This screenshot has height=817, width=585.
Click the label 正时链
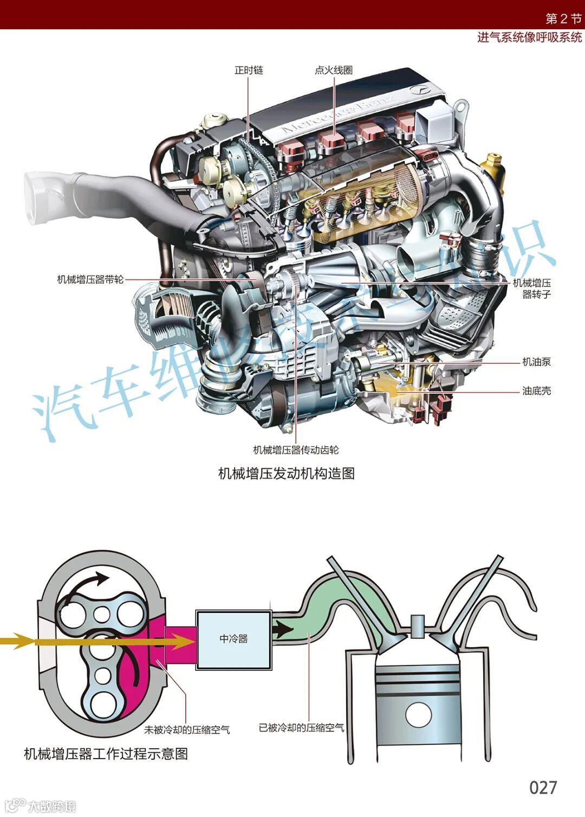[x=249, y=70]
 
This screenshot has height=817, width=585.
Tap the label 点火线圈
[x=334, y=70]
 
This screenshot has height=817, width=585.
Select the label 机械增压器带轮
[x=90, y=279]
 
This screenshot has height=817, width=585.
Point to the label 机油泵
[x=536, y=362]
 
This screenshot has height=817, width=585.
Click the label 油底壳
[x=536, y=390]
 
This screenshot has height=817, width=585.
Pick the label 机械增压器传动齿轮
[x=296, y=450]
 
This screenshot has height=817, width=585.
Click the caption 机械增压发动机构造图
[x=286, y=473]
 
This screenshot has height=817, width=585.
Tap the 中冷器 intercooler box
[x=233, y=639]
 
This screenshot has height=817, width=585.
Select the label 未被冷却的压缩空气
[x=187, y=730]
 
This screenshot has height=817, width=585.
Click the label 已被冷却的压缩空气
[x=301, y=728]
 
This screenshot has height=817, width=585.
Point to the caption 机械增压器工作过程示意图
[x=106, y=754]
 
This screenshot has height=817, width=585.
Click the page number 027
[x=543, y=787]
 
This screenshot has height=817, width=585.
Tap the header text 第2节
[x=563, y=18]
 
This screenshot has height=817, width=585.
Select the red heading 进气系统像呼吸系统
[x=529, y=37]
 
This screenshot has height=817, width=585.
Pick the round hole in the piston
[x=418, y=715]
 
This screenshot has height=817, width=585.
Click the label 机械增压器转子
[x=532, y=289]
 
